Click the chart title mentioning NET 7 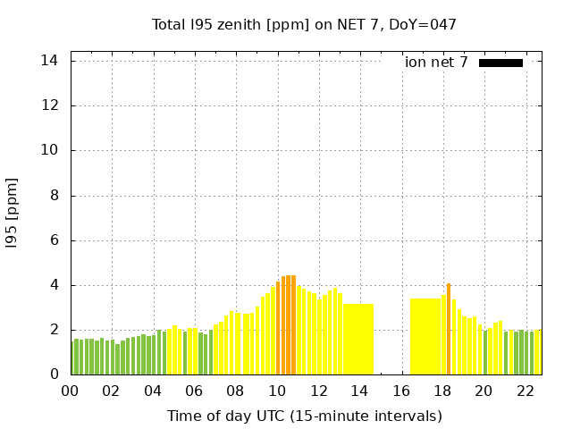[304, 25]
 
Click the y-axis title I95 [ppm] [12, 212]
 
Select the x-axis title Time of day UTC [304, 416]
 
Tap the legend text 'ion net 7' [436, 63]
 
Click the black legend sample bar [500, 63]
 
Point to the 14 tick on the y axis [49, 61]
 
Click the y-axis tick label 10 [49, 150]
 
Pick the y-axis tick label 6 [53, 240]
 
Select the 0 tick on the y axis [53, 374]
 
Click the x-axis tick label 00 [70, 391]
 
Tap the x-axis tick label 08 [235, 391]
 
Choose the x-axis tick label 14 [359, 391]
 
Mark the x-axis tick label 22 [525, 391]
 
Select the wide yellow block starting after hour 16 [425, 337]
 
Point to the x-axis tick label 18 [442, 391]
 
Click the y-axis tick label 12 [49, 105]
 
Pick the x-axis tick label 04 [153, 391]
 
